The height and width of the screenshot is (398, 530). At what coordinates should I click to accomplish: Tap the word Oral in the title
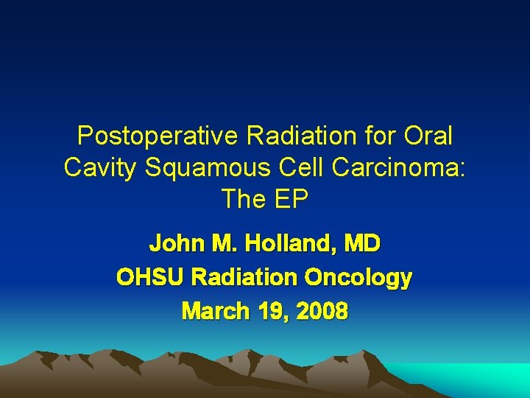(428, 136)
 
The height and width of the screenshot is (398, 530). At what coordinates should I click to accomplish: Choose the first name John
(175, 242)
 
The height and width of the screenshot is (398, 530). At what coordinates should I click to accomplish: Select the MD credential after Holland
(361, 242)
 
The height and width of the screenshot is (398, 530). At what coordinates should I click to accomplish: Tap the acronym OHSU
(149, 277)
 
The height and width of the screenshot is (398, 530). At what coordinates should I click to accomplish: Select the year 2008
(321, 312)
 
